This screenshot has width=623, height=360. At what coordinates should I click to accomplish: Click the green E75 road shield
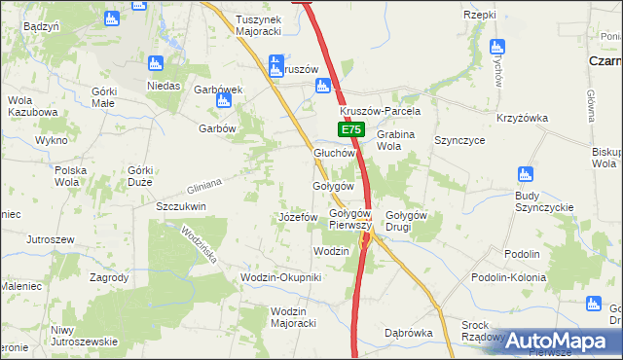coord(352,129)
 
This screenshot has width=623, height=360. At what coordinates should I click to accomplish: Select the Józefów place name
coord(298,216)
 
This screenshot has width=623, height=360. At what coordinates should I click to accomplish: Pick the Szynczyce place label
coord(460,140)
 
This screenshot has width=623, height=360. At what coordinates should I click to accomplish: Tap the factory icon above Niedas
coord(155,64)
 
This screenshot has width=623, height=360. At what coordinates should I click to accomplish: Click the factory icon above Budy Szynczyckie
coord(527,175)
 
